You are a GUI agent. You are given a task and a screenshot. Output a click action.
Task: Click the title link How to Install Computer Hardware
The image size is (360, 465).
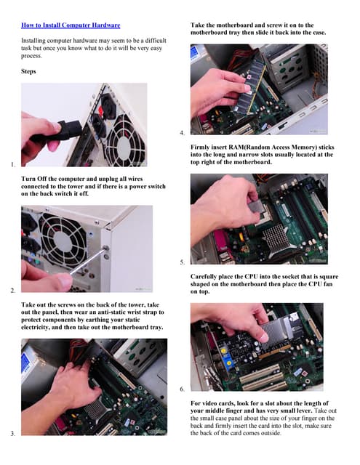71,25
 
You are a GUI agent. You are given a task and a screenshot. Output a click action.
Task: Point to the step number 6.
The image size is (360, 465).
181,390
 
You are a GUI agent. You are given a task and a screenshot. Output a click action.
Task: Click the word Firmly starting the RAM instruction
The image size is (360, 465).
204,147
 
